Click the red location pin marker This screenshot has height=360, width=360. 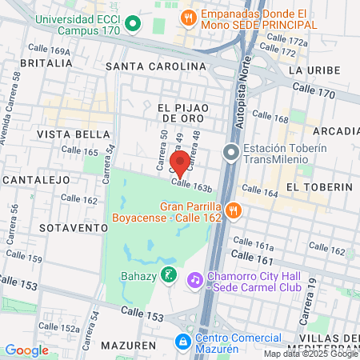tap(181, 162)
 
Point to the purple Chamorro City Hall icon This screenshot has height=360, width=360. tap(194, 280)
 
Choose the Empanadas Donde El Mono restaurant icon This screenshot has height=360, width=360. tap(189, 16)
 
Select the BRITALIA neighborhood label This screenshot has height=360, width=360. tap(46, 62)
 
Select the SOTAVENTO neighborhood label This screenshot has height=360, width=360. tap(72, 227)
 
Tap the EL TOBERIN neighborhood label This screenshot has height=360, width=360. tap(318, 186)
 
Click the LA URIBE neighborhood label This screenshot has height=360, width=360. tap(310, 70)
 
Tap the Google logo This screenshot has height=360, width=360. tap(27, 350)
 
